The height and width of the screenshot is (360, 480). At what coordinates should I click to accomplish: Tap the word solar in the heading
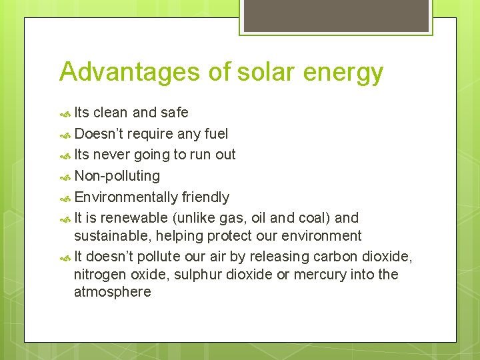[257, 72]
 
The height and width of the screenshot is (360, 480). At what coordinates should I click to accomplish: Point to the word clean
[111, 113]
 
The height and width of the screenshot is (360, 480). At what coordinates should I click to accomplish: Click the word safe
[174, 113]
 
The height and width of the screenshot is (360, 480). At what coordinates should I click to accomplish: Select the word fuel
[215, 134]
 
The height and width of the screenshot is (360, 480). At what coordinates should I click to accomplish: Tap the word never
[112, 155]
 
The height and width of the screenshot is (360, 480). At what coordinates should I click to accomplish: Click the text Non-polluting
[117, 177]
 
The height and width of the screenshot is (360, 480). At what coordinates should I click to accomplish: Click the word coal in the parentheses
[316, 218]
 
